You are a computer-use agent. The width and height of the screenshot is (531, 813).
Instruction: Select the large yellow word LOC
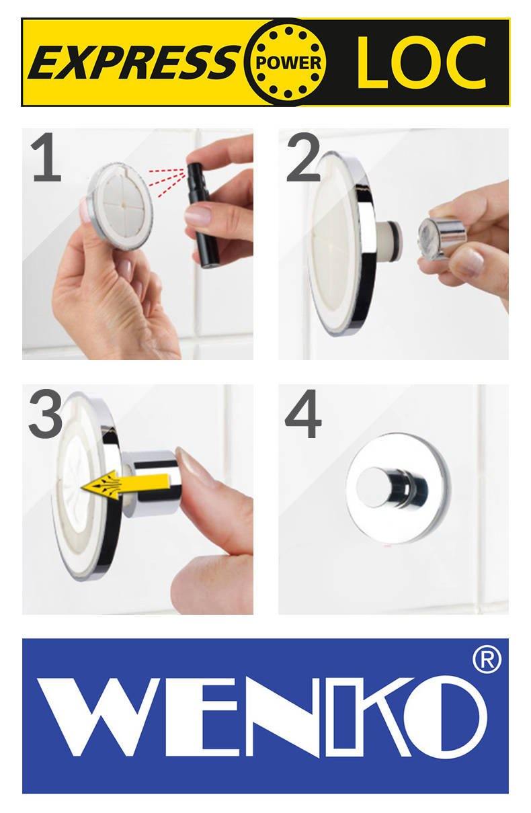pyautogui.click(x=421, y=62)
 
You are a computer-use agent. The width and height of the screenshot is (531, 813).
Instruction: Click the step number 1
pyautogui.click(x=47, y=159)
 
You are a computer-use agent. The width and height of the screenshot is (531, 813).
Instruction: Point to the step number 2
pyautogui.click(x=303, y=159)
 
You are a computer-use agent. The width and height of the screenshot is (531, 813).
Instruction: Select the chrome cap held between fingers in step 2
pyautogui.click(x=442, y=236)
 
